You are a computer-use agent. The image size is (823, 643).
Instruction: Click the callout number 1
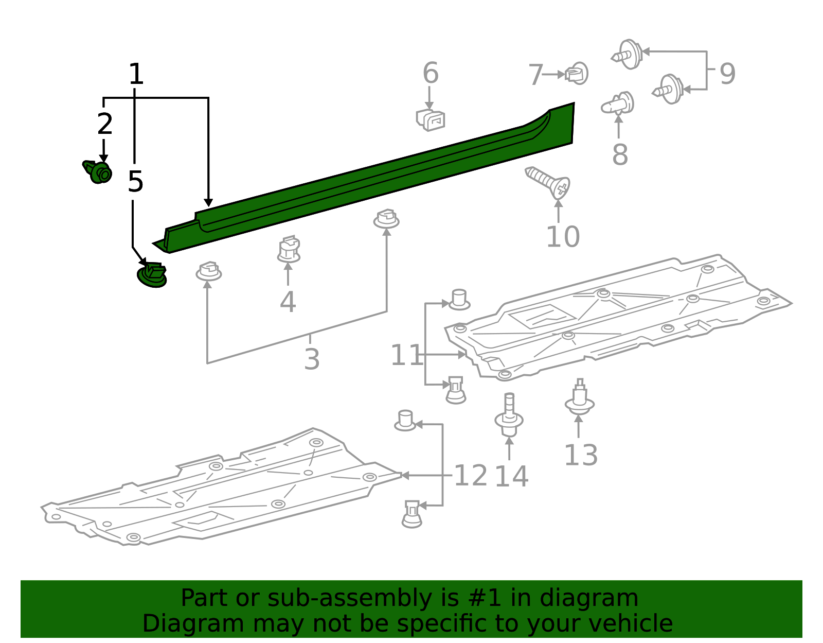pyautogui.click(x=135, y=75)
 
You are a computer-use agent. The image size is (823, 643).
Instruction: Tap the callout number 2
pyautogui.click(x=104, y=125)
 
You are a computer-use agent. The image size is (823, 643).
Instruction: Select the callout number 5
pyautogui.click(x=135, y=182)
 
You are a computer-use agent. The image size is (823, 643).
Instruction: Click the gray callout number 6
pyautogui.click(x=431, y=73)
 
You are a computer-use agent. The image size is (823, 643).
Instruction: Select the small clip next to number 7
pyautogui.click(x=577, y=74)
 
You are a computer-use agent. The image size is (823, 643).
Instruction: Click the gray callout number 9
pyautogui.click(x=727, y=74)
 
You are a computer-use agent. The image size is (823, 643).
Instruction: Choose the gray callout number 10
pyautogui.click(x=563, y=237)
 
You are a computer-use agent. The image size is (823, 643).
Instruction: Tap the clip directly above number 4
pyautogui.click(x=289, y=250)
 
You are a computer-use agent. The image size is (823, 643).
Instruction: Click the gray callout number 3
pyautogui.click(x=312, y=359)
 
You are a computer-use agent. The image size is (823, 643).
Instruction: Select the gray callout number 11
pyautogui.click(x=406, y=355)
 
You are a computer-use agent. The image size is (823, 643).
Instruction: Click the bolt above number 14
pyautogui.click(x=509, y=415)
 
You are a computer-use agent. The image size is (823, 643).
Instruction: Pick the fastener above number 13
pyautogui.click(x=580, y=398)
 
